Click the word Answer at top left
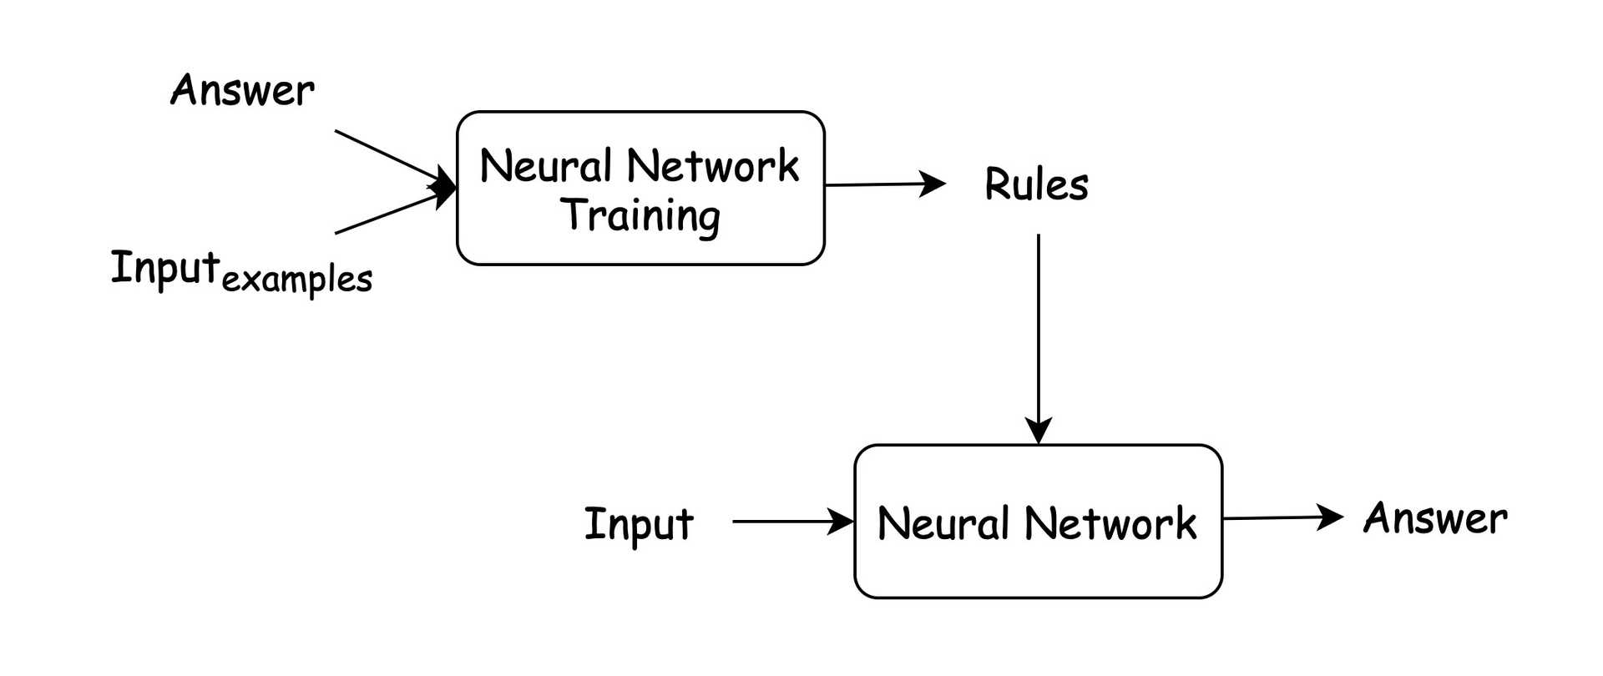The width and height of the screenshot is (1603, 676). click(242, 90)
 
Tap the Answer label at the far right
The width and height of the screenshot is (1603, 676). click(1435, 518)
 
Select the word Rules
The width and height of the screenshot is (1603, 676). click(1036, 184)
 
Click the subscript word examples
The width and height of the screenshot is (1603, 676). click(297, 279)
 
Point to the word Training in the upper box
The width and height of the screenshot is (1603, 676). click(640, 215)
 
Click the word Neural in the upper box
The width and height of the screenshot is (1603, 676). click(546, 165)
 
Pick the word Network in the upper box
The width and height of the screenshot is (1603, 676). click(713, 165)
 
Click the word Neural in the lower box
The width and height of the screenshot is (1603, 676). click(943, 523)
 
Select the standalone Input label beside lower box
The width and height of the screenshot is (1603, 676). click(639, 524)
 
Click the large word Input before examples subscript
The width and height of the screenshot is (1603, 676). click(165, 268)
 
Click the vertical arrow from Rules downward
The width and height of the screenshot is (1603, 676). click(1039, 334)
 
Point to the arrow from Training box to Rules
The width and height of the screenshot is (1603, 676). click(877, 184)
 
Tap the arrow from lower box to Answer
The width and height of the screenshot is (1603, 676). click(1277, 517)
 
